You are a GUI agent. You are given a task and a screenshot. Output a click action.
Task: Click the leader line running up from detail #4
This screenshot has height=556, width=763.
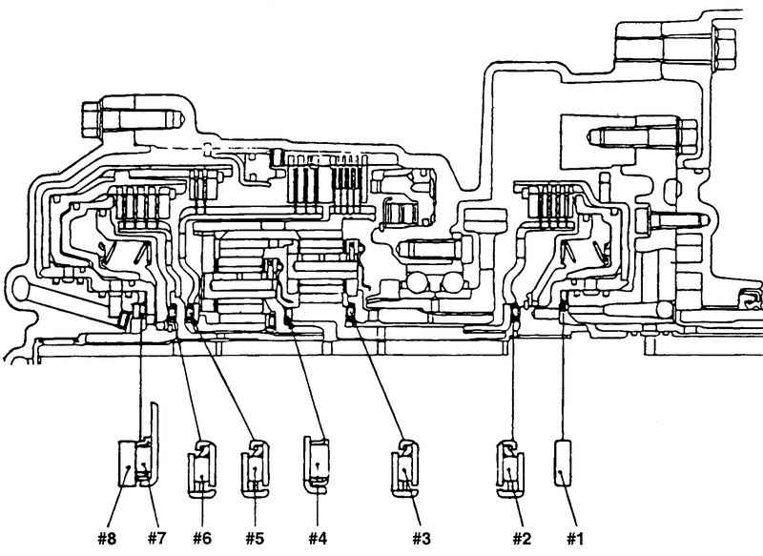[x=306, y=381]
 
